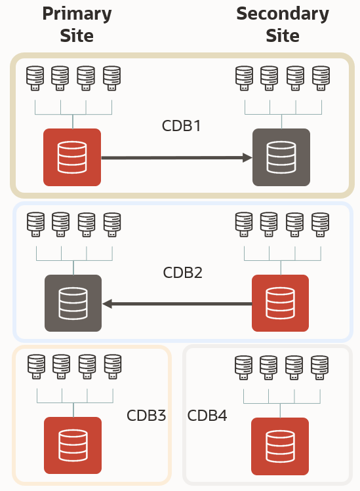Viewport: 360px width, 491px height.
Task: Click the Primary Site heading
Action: (x=77, y=24)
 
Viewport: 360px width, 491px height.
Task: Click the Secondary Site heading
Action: (x=283, y=24)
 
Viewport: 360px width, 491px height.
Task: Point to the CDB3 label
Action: (x=146, y=416)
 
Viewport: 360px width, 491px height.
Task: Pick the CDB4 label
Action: (x=207, y=416)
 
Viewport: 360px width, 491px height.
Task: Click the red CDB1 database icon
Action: (x=72, y=157)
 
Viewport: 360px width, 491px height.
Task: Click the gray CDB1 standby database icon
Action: (x=281, y=157)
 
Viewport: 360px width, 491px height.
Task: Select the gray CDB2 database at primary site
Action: (x=73, y=303)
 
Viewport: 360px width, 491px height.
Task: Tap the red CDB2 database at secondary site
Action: (x=280, y=303)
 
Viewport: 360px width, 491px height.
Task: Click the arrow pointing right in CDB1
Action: (x=177, y=157)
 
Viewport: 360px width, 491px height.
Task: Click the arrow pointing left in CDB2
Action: (x=177, y=304)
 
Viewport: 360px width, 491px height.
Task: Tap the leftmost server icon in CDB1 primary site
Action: (x=35, y=79)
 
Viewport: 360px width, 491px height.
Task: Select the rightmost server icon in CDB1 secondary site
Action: (x=321, y=79)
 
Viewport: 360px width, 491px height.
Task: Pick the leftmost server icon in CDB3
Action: (x=36, y=368)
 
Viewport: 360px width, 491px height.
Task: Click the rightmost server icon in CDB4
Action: (x=320, y=368)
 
